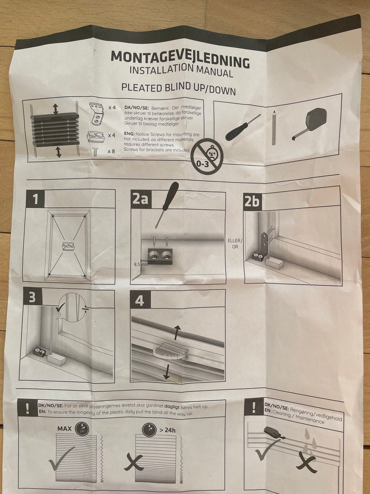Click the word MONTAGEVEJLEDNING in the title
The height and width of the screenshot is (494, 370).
coord(180,59)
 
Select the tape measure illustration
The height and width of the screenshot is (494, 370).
coord(309,124)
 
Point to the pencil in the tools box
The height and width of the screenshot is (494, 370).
coord(274,127)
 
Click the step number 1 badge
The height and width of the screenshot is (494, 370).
coord(35,198)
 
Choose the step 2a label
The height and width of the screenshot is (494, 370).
coord(141,200)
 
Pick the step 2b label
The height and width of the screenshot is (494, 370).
coord(252,201)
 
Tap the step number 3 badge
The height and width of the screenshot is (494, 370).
coord(32,297)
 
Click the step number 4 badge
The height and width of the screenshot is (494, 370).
coord(140,300)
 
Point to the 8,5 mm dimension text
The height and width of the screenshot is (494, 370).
coord(141,265)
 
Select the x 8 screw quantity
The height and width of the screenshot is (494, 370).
coord(111,151)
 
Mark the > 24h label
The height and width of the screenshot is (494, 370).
coord(167,430)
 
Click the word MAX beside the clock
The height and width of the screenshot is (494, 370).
coord(64,428)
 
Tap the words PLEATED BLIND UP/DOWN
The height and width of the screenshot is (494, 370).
coord(178,88)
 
